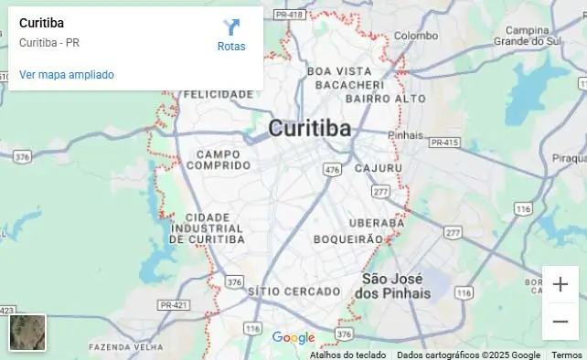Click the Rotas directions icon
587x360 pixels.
click(x=231, y=27)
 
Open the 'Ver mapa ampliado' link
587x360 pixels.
click(x=67, y=75)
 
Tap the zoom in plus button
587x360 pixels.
click(x=560, y=284)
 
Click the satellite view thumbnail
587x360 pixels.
click(x=27, y=333)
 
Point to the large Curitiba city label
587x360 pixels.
click(x=310, y=129)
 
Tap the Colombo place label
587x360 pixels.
click(x=416, y=36)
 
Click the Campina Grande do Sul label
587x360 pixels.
click(x=526, y=36)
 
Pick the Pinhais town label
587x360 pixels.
click(x=407, y=134)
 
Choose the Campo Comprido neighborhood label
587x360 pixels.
click(x=218, y=160)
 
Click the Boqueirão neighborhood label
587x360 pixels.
click(x=348, y=238)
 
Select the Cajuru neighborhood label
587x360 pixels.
click(x=378, y=168)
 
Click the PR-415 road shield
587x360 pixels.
click(x=443, y=143)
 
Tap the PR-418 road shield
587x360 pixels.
click(x=289, y=15)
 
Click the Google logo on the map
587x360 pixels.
click(x=293, y=338)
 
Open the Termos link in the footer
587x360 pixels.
click(x=566, y=355)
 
